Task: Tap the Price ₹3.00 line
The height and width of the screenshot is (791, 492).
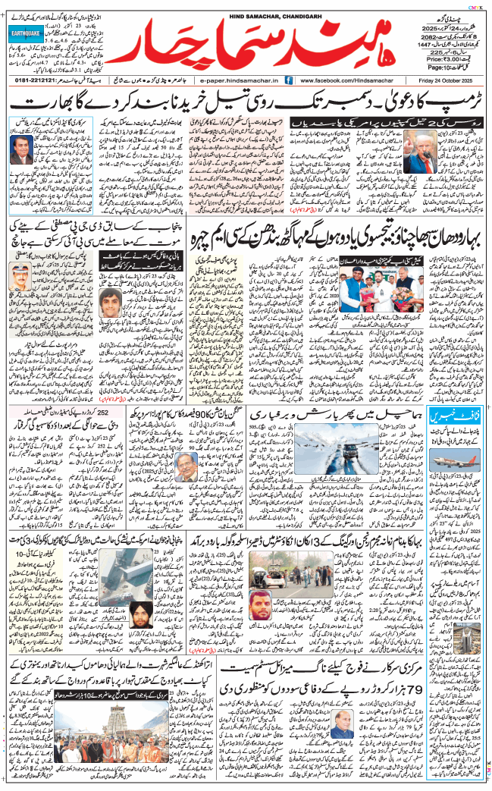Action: [x=444, y=57]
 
